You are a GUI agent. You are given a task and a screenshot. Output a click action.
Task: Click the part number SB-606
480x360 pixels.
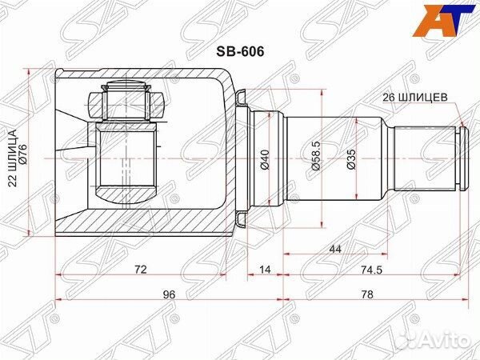tap(240, 52)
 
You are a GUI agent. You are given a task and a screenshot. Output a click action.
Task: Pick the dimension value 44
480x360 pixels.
tap(335, 249)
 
